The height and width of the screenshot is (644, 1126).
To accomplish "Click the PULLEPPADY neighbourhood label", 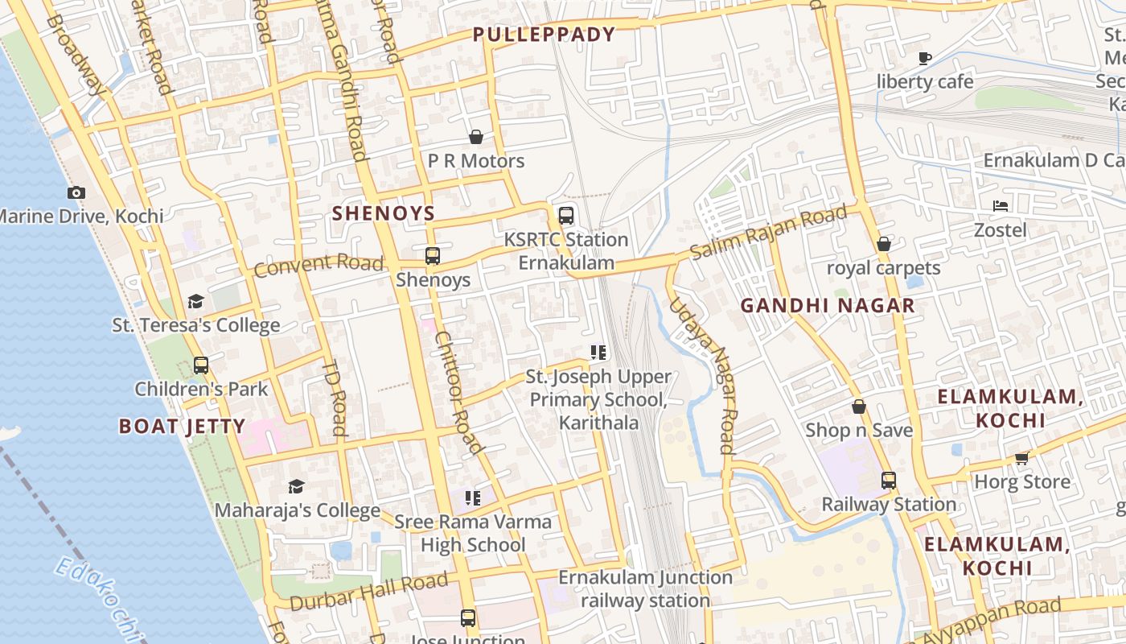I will (544, 35).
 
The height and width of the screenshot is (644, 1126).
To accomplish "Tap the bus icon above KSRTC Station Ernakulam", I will (566, 216).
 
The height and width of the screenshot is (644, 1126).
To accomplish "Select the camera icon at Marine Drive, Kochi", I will (76, 192).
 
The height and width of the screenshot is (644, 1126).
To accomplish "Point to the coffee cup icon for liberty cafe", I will (925, 58).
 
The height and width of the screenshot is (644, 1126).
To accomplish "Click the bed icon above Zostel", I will (1001, 206).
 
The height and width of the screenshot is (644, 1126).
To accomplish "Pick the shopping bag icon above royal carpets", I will (884, 243).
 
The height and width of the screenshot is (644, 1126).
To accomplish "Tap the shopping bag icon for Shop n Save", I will (859, 407).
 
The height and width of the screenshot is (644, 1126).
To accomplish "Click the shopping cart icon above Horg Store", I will (1022, 458).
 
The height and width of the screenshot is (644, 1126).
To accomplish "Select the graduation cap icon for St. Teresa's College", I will (195, 301).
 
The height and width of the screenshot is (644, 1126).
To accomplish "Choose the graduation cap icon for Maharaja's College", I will (297, 486).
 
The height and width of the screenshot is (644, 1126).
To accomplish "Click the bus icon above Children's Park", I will (201, 365).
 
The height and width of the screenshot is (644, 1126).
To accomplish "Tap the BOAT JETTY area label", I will (182, 426).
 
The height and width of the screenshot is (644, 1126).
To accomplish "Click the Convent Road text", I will (318, 264).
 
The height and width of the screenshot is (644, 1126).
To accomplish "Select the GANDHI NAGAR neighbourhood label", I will (828, 306).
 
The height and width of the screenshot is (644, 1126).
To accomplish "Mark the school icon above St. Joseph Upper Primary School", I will (598, 353).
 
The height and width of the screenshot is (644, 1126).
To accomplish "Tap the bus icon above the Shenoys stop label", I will (433, 256).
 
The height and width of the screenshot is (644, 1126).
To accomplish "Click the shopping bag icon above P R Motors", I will (476, 137).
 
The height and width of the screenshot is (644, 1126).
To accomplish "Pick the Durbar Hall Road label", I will (368, 592).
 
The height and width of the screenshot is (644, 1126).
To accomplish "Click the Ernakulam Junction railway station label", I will (645, 588).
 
